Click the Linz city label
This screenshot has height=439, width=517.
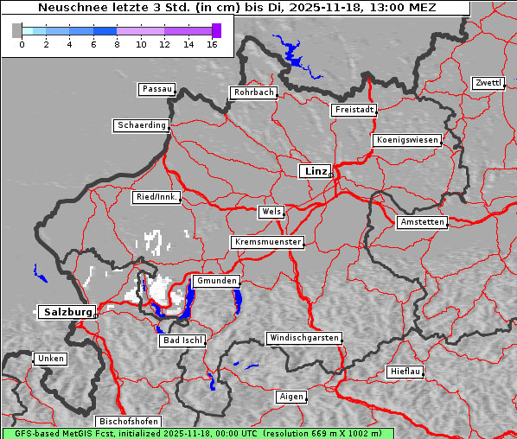pos(316,171)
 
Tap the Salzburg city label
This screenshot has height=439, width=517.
pos(67,312)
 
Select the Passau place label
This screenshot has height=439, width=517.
pos(156,89)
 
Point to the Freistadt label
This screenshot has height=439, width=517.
pos(354,110)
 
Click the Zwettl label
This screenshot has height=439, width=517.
pos(488,83)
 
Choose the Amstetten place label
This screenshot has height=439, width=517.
pos(422,222)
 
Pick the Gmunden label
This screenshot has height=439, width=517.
pos(215,281)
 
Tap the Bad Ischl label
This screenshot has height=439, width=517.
pos(182,340)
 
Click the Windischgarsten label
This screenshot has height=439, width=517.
pos(303,338)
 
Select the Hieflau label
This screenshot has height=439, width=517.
pos(405,372)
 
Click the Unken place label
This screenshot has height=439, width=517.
pos(50,358)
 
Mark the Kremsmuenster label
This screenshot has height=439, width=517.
pos(268,242)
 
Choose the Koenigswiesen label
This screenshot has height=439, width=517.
pos(407,140)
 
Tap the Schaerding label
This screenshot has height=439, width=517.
pos(141,125)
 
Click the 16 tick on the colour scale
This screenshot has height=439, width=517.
pos(211,44)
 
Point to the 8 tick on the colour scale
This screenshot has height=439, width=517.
pos(117,44)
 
